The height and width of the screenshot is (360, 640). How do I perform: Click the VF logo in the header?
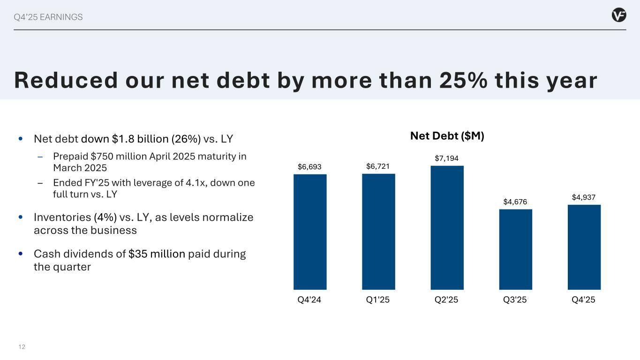click(619, 15)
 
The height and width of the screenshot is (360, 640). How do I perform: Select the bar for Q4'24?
click(310, 232)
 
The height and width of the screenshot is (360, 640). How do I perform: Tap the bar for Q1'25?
click(378, 232)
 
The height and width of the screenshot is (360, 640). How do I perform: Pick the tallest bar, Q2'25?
click(447, 228)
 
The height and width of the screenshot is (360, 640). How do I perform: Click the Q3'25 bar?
click(515, 249)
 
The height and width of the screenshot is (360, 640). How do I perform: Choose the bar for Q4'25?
click(584, 247)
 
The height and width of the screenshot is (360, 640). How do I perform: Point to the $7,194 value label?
click(447, 158)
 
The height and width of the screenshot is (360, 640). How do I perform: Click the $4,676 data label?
click(515, 202)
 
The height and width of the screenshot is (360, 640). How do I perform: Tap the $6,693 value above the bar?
click(310, 166)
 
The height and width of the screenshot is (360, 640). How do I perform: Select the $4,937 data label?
click(584, 197)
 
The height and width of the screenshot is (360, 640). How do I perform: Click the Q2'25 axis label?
click(447, 300)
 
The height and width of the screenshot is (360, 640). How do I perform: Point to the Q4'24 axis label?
click(310, 300)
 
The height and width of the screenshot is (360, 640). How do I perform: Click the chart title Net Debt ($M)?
click(447, 136)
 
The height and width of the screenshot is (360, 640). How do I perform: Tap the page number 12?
click(22, 347)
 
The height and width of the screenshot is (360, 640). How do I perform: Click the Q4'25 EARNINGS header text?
click(48, 17)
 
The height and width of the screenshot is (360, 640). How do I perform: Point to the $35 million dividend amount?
click(157, 254)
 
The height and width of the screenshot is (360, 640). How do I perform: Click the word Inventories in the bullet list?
click(62, 217)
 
